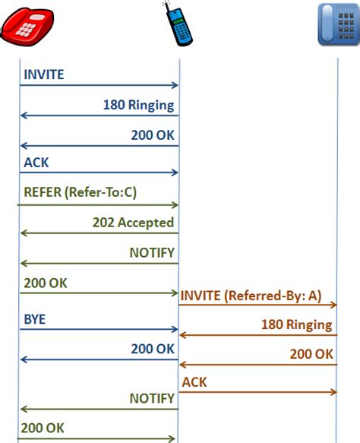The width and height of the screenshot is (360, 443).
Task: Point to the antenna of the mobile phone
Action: click(166, 6)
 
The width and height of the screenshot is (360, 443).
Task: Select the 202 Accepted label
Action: click(133, 223)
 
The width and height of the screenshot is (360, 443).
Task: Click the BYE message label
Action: click(35, 320)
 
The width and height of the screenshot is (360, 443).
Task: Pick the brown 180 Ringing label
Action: click(296, 324)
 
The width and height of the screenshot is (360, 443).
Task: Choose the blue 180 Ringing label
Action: click(138, 105)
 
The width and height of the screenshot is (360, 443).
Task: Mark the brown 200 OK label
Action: click(311, 353)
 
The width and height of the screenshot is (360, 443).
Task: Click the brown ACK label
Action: click(194, 382)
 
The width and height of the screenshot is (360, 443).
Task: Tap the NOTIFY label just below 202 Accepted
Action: click(151, 252)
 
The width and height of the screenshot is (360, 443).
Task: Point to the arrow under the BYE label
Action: click(99, 331)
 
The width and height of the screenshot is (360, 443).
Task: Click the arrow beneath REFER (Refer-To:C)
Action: click(99, 205)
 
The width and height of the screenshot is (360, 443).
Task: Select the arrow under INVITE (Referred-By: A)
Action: click(258, 305)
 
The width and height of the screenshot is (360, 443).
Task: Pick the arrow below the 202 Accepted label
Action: click(99, 233)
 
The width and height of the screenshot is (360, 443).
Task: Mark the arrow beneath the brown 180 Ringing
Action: click(258, 334)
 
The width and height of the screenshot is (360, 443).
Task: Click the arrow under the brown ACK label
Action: click(258, 392)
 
